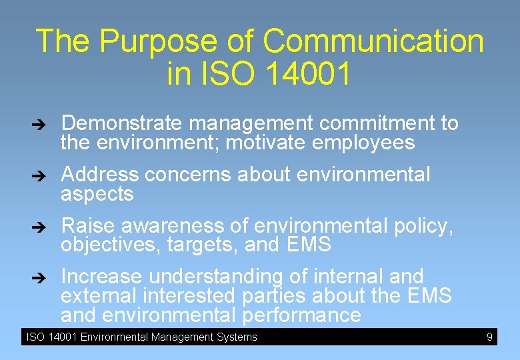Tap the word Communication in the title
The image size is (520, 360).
click(373, 41)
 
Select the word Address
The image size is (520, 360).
click(100, 175)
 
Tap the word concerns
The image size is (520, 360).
click(189, 175)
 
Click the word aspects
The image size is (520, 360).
click(97, 195)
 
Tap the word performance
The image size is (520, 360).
click(301, 315)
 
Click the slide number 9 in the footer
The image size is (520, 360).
click(489, 337)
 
